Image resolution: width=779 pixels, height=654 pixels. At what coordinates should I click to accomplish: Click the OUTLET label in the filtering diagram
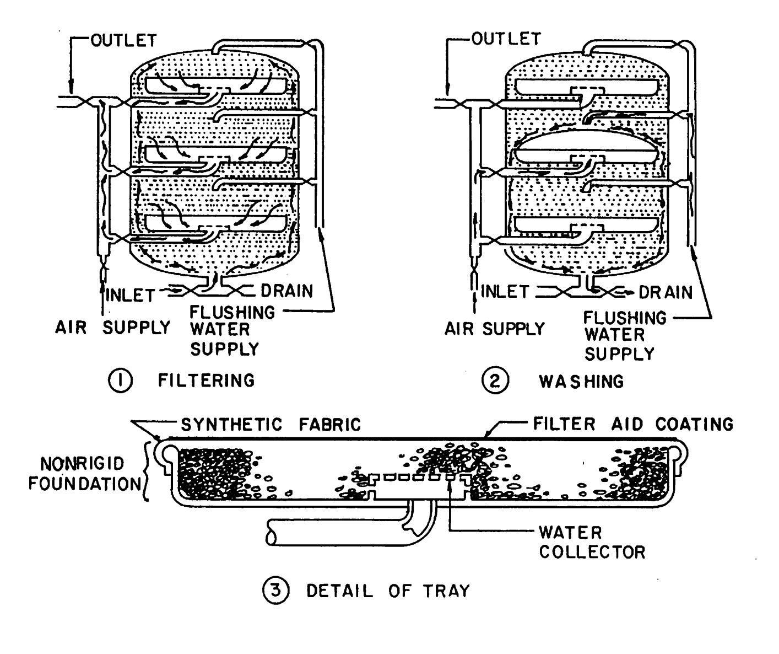tap(123, 41)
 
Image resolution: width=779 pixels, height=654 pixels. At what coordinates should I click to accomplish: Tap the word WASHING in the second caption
tap(581, 381)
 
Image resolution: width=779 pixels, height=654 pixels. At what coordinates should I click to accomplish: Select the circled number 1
tap(120, 381)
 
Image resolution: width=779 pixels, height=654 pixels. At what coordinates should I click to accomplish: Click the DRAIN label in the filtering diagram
tap(286, 291)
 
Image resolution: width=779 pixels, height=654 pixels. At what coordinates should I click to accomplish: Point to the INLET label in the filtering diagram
tap(130, 294)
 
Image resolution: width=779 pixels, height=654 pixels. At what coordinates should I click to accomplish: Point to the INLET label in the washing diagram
tap(505, 291)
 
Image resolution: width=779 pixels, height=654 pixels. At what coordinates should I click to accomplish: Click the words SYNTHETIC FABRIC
tap(271, 424)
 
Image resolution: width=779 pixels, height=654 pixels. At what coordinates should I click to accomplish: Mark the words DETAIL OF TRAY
tap(388, 591)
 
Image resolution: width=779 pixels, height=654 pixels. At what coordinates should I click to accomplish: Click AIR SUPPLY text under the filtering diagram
tap(112, 328)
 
